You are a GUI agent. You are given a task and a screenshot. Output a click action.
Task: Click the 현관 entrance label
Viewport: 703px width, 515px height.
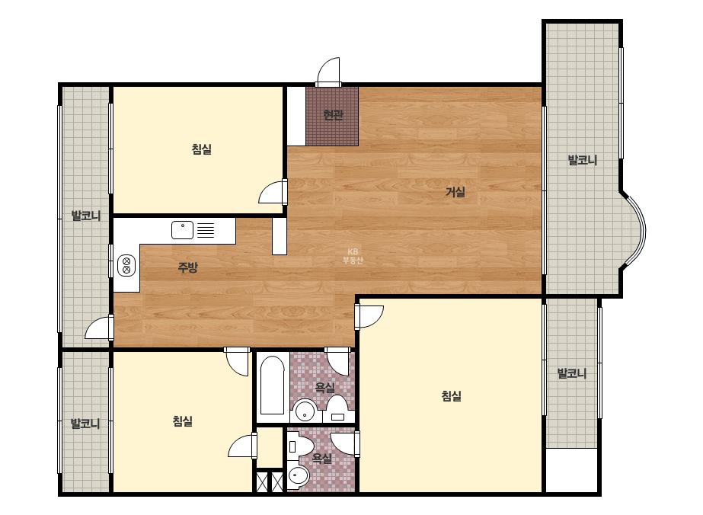pos(333,115)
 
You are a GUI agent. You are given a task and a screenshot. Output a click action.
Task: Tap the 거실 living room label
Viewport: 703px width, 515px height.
pos(455,192)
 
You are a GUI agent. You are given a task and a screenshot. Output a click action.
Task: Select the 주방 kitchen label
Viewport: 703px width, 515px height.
pos(187,267)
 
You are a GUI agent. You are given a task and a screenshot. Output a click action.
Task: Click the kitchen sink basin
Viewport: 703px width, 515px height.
pos(183,229)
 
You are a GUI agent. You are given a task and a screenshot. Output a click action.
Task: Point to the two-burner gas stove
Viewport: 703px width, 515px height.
pos(126,265)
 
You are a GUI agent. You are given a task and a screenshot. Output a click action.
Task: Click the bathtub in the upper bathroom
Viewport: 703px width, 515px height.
pos(272,385)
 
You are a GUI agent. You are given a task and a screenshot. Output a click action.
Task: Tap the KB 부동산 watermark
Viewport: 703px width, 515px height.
pos(353,256)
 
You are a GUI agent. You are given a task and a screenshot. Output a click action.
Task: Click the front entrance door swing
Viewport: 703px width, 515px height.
pos(328,72)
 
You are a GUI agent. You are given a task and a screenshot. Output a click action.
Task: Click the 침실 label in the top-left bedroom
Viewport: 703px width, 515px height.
pos(202,149)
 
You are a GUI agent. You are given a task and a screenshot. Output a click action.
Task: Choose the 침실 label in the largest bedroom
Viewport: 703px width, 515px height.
pos(452,395)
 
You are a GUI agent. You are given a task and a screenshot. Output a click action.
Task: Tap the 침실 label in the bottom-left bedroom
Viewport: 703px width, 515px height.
pos(183,421)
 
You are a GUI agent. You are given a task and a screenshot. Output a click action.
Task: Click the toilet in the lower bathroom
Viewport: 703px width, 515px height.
pos(300,446)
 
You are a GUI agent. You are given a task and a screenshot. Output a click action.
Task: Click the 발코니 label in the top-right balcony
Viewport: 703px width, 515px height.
pos(583,160)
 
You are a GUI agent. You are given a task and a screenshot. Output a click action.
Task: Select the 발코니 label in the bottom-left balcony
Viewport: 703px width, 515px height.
pos(85,423)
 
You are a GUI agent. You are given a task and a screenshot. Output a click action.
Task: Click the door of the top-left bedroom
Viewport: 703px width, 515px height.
pos(273,193)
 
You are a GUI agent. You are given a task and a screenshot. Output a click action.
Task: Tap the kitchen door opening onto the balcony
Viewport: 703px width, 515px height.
pos(99,327)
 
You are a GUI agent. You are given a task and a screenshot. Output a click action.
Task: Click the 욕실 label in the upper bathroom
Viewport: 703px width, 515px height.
pos(324,387)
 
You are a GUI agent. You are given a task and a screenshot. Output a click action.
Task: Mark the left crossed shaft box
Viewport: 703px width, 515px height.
pos(262,481)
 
